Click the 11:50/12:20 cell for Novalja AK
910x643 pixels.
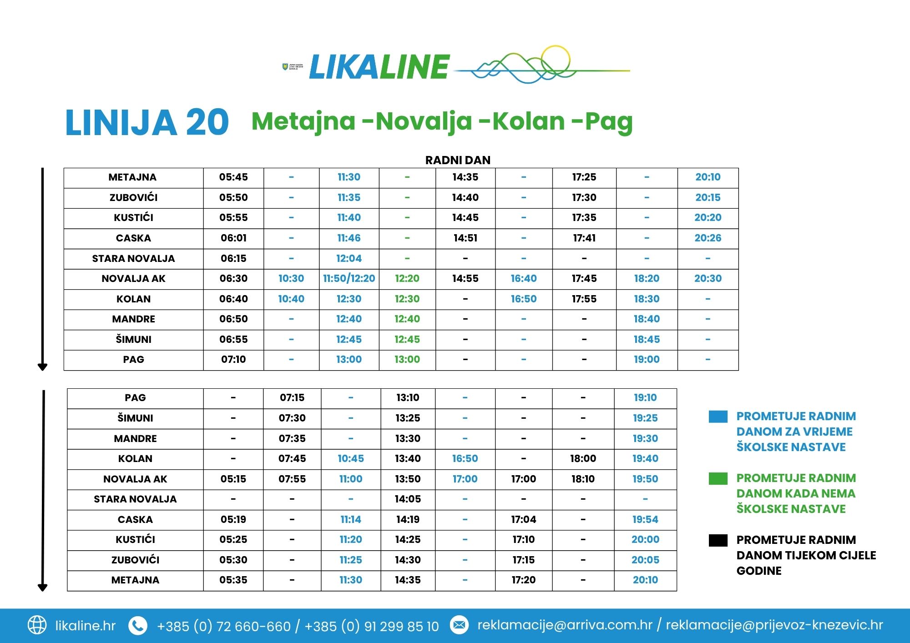(x=349, y=278)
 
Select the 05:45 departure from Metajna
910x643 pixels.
(x=233, y=177)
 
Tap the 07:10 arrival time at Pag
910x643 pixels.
(x=233, y=359)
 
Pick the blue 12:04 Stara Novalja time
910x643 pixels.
(x=349, y=258)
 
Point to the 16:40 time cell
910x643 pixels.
(x=524, y=278)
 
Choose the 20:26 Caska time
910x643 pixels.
(x=708, y=238)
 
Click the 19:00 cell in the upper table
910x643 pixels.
(x=647, y=359)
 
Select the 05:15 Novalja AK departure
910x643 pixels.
(x=233, y=479)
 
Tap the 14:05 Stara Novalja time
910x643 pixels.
(x=408, y=499)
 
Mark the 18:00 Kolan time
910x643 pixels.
(x=583, y=458)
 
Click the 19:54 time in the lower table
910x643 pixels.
(x=645, y=519)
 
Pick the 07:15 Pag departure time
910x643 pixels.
(x=292, y=397)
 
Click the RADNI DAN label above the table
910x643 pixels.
(x=458, y=160)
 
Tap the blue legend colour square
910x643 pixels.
(x=718, y=417)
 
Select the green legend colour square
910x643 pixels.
(x=718, y=478)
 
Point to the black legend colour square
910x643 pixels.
(x=718, y=540)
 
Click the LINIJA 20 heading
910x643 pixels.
(x=147, y=122)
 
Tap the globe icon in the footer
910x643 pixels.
(x=37, y=625)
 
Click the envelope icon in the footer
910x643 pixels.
(x=459, y=625)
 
